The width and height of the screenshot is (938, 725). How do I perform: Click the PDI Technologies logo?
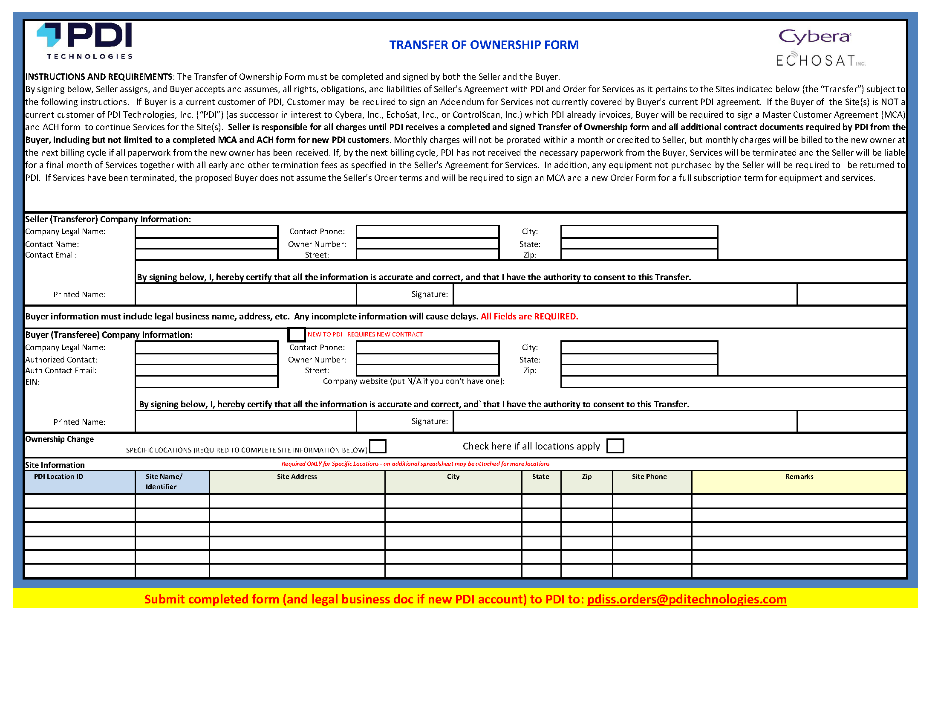tap(85, 41)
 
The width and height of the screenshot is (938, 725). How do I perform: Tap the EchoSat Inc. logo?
tap(820, 60)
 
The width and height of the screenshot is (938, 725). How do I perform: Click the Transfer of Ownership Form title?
tap(484, 45)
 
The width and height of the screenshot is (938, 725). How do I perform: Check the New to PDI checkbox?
tap(296, 334)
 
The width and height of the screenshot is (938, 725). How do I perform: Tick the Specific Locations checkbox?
tap(378, 446)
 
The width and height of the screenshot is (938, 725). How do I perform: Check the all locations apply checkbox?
tap(615, 446)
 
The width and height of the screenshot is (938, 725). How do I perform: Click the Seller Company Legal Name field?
tap(206, 232)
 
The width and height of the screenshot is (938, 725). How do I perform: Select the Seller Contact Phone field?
tap(427, 232)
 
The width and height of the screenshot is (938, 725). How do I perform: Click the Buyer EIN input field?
tap(206, 382)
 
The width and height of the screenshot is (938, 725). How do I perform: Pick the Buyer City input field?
tap(639, 347)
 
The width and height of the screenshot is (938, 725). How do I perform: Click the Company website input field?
tap(733, 382)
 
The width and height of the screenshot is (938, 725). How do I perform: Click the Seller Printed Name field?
tap(245, 294)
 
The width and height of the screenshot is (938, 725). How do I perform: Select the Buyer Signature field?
tap(625, 422)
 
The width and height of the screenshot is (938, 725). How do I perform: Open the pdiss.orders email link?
tap(686, 599)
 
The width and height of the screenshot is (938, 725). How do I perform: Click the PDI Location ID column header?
tap(58, 477)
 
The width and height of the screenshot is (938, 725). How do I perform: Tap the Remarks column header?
tap(799, 477)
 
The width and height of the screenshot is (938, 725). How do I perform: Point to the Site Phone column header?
tap(649, 477)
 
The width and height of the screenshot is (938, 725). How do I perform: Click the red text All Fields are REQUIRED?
tap(529, 317)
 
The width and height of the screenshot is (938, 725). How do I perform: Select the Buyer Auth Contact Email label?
tap(61, 371)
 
